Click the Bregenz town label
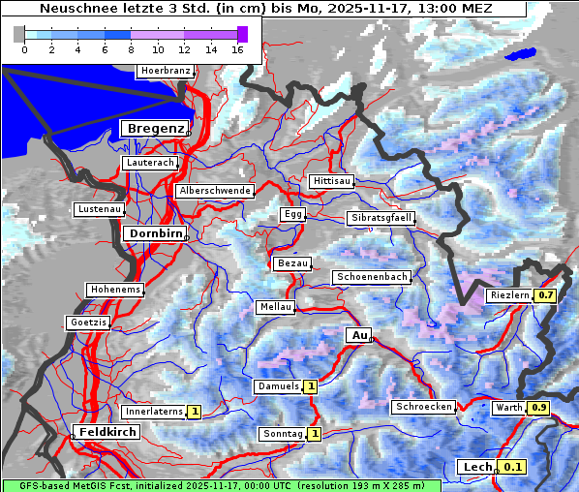coord(153,128)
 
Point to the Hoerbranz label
coord(165,71)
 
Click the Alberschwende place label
coord(215,191)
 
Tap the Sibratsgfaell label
coord(381,218)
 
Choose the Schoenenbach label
coord(372,277)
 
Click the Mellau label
coord(274,307)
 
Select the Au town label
coord(358,335)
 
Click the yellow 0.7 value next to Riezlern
coord(546,294)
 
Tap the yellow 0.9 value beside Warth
coord(539,408)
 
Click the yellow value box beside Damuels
coord(310,386)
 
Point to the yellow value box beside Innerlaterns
coord(194,412)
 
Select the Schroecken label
coord(423,407)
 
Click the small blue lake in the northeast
coord(524,54)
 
